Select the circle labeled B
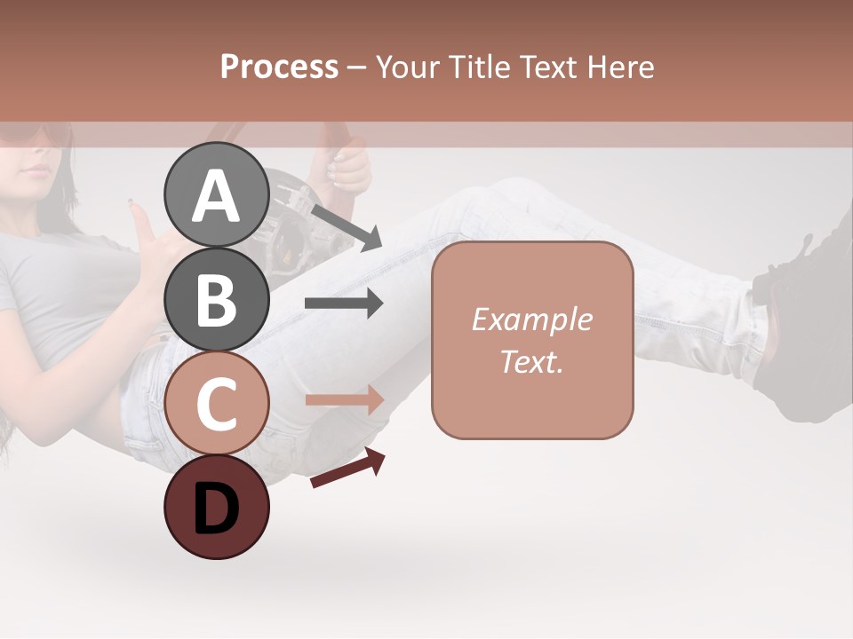pyautogui.click(x=216, y=298)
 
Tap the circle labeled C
pyautogui.click(x=216, y=402)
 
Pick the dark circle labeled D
pyautogui.click(x=216, y=507)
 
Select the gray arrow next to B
pyautogui.click(x=344, y=304)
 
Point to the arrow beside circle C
pyautogui.click(x=344, y=400)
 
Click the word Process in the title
pyautogui.click(x=279, y=67)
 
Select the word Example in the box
pyautogui.click(x=531, y=319)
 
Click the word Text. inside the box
pyautogui.click(x=531, y=361)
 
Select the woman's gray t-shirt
pyautogui.click(x=62, y=293)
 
